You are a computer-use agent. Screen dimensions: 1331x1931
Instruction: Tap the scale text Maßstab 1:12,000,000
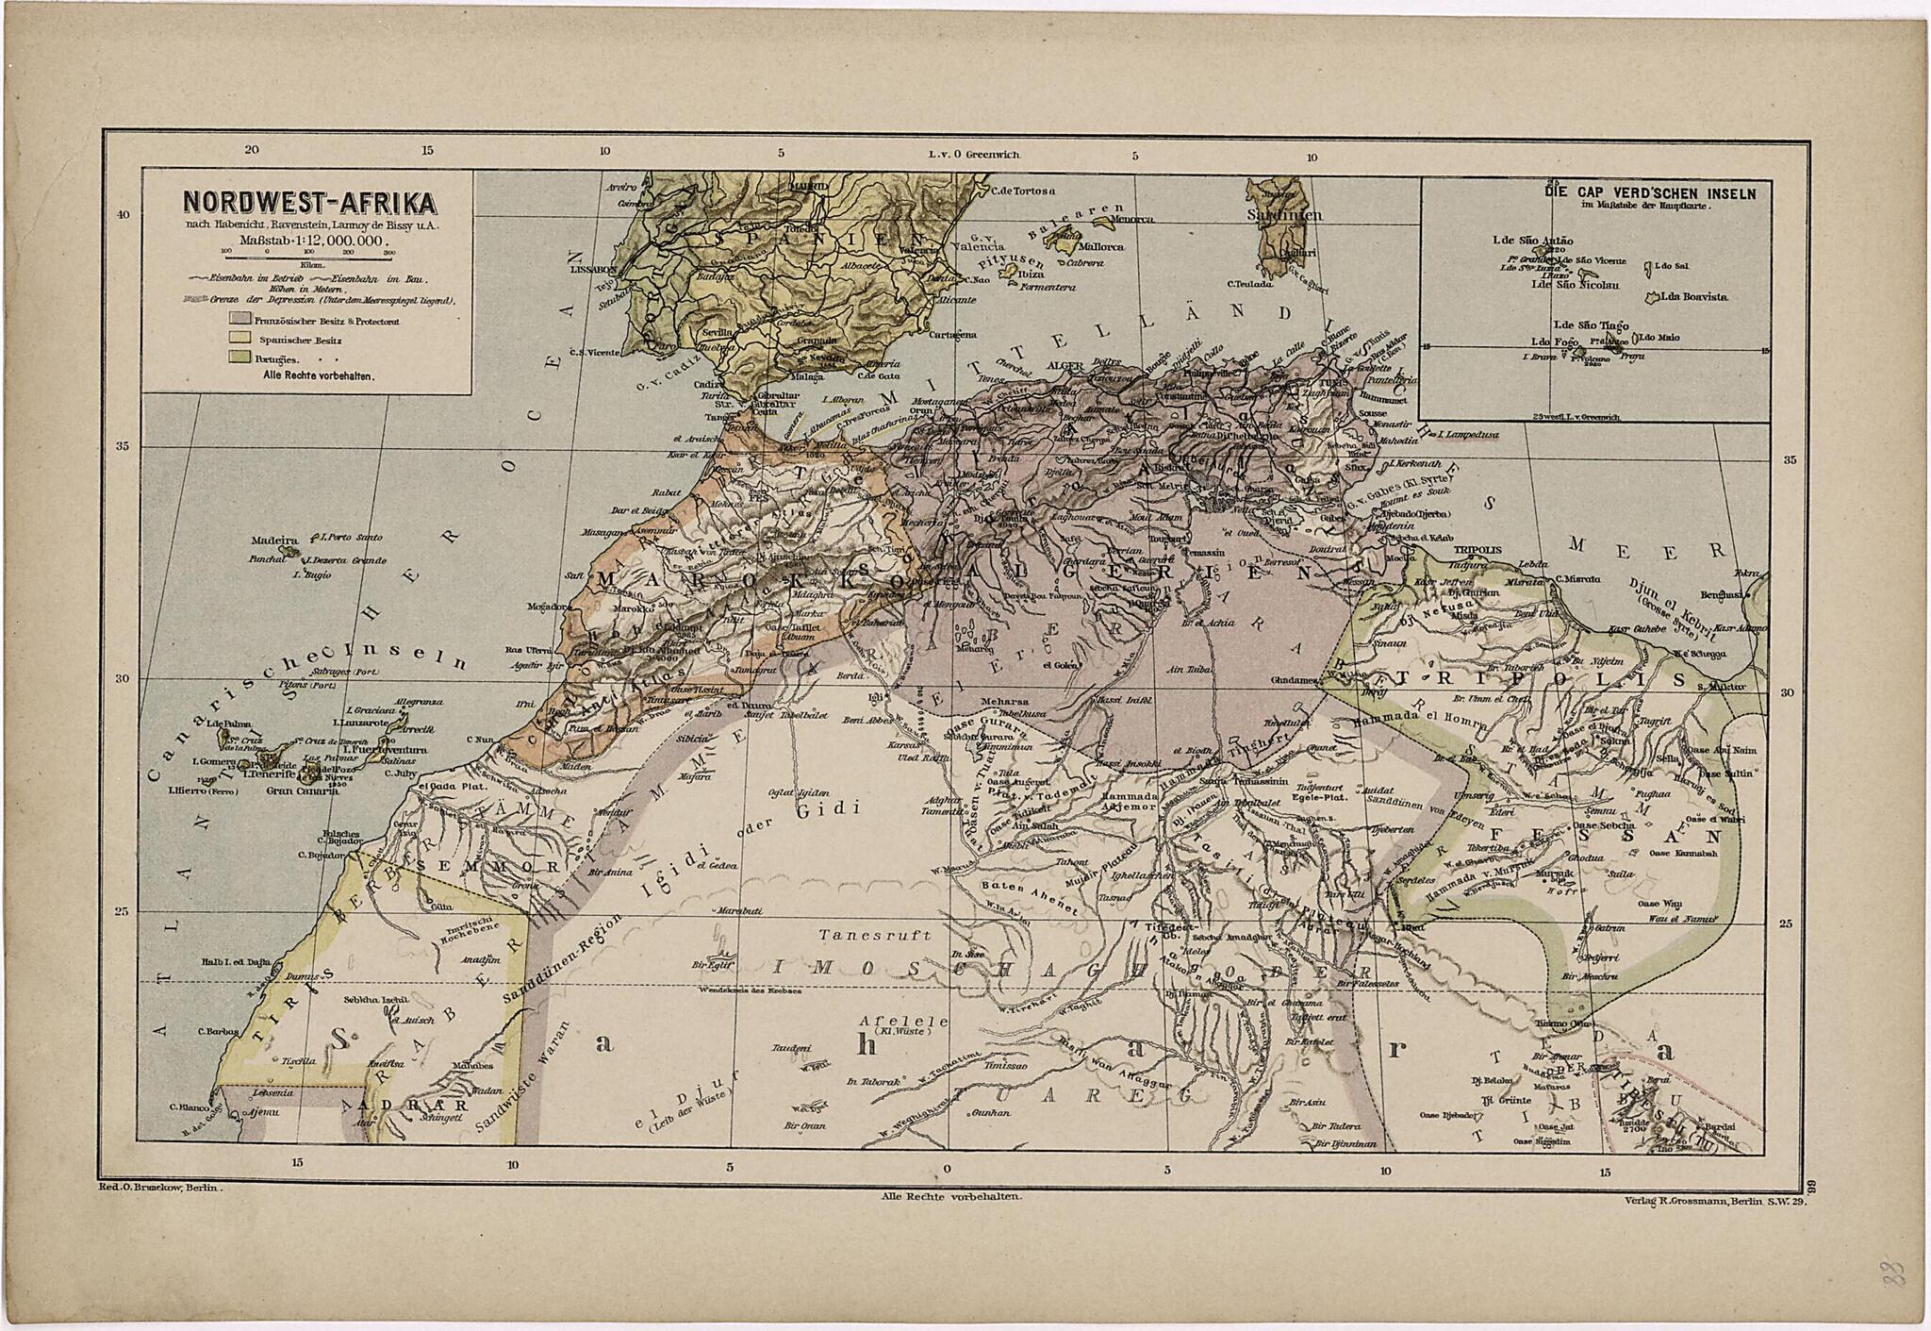click(310, 241)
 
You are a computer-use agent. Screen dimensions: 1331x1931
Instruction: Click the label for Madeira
click(274, 541)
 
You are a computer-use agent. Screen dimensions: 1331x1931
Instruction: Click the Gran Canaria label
click(302, 790)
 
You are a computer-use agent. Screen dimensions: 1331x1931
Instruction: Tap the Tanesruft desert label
click(875, 935)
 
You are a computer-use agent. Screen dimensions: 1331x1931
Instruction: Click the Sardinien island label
click(1285, 215)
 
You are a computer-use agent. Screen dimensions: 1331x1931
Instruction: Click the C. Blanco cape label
click(187, 1107)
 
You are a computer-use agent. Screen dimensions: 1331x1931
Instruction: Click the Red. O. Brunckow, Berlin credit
click(160, 1190)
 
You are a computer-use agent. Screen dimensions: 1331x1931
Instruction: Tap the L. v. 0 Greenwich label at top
click(974, 154)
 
